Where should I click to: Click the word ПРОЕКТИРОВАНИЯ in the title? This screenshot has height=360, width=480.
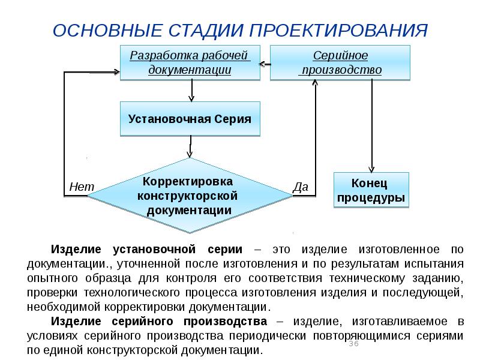point(338,31)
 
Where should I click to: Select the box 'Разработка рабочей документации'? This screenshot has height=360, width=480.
point(190,63)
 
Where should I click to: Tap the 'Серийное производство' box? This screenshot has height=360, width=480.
point(340,63)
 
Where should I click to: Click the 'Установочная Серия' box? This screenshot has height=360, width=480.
point(190,119)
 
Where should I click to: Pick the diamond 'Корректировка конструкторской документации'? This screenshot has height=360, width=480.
point(190,196)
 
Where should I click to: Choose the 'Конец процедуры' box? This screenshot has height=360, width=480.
point(371,190)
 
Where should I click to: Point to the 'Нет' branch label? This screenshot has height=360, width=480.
point(82,187)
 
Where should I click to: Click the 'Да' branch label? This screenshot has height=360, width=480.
point(301,187)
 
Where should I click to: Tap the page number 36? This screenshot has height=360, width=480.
point(353,343)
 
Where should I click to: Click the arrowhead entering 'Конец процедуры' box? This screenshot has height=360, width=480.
point(371,170)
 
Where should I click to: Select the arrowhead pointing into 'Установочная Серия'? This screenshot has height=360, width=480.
point(191,98)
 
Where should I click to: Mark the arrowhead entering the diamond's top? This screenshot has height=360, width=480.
point(190,154)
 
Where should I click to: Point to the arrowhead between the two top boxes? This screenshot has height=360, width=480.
point(262,64)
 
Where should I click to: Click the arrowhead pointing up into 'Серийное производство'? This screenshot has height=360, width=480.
point(315,83)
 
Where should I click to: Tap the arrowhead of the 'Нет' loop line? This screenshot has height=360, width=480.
point(116,72)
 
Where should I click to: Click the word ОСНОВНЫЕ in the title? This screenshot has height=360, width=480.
point(107,31)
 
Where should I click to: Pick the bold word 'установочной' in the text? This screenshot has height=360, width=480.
point(154,250)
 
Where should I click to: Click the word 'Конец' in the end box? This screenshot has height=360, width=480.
point(369,183)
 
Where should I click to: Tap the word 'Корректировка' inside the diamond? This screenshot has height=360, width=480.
point(188,181)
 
